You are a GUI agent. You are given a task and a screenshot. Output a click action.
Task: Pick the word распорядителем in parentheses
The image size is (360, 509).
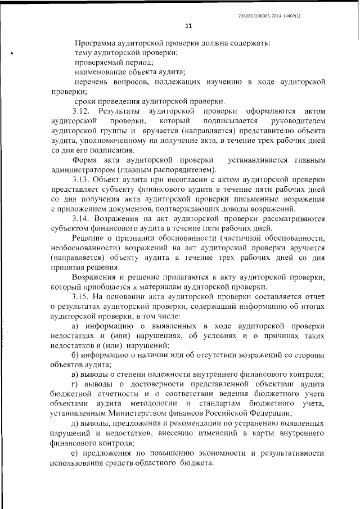coord(182,170)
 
